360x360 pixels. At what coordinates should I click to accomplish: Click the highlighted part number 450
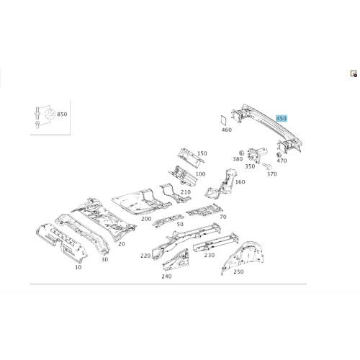[282, 118]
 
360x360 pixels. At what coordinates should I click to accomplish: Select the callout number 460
[227, 130]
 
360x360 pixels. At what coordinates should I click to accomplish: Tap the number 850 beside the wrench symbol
[62, 114]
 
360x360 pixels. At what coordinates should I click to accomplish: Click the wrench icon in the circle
[50, 114]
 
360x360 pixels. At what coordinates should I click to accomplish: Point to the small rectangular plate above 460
[224, 120]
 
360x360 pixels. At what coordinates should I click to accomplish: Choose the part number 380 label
[238, 159]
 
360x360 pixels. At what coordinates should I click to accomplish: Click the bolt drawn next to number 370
[266, 166]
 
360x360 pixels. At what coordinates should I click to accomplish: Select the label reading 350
[250, 166]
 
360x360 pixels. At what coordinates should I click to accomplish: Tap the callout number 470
[282, 161]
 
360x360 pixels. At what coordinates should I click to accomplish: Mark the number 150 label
[202, 153]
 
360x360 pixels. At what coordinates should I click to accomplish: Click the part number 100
[200, 174]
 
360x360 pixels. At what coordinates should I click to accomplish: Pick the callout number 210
[186, 192]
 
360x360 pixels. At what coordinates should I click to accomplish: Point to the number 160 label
[240, 182]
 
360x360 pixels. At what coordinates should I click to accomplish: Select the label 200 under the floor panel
[146, 219]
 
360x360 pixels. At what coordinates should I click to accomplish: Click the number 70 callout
[223, 217]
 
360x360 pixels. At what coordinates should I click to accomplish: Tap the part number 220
[145, 256]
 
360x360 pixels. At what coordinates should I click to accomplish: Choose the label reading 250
[238, 271]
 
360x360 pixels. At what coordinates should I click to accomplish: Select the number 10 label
[78, 267]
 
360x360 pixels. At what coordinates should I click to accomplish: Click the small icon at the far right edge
[354, 73]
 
